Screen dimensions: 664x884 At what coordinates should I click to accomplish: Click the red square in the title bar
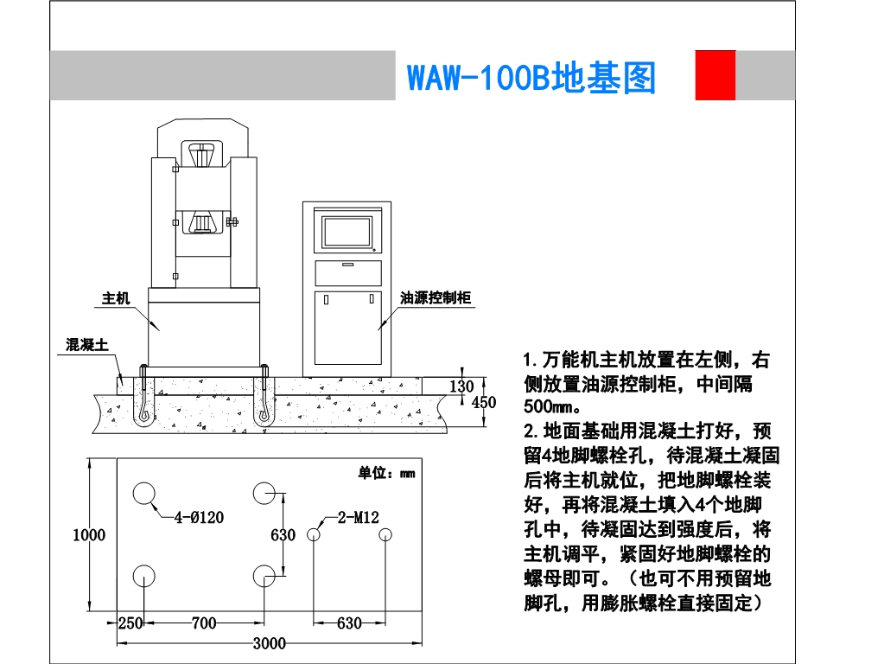[x=715, y=75]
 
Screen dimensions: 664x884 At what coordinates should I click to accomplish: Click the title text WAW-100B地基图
[x=531, y=78]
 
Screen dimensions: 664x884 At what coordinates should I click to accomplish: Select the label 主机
[x=116, y=298]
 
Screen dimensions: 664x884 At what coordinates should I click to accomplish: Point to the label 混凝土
[x=87, y=344]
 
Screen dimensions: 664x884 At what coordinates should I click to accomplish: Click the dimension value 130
[x=462, y=386]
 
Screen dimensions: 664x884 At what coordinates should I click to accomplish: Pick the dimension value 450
[x=483, y=402]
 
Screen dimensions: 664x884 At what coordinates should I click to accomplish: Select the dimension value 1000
[x=88, y=535]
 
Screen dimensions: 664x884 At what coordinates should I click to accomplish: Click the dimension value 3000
[x=270, y=642]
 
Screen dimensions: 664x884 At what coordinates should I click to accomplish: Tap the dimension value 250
[x=130, y=622]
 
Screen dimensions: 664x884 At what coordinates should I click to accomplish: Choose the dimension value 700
[x=203, y=622]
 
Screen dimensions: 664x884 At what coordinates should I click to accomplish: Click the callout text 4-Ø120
[x=199, y=518]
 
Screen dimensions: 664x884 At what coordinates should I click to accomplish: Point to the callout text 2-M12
[x=358, y=518]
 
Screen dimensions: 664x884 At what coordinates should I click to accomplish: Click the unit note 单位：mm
[x=386, y=473]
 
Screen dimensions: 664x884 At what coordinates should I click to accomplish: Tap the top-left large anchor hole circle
[x=143, y=494]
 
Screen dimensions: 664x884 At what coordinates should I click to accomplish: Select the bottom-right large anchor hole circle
[x=264, y=576]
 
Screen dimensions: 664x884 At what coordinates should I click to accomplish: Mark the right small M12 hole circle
[x=385, y=535]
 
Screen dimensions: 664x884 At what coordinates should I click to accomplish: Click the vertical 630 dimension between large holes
[x=283, y=535]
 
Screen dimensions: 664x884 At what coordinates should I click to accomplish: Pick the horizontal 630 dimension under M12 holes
[x=348, y=622]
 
